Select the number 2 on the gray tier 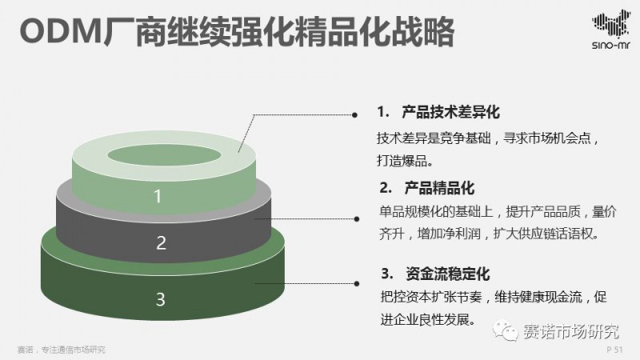[x=161, y=242]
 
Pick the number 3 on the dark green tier [x=160, y=300]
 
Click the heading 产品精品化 [x=438, y=189]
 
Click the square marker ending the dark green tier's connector [x=354, y=282]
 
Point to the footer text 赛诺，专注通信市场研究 [x=61, y=350]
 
